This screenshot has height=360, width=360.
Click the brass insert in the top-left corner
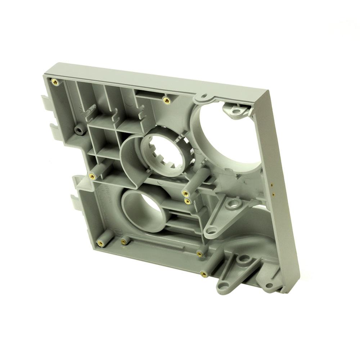tap(55, 81)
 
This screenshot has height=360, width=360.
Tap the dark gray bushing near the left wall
tap(79, 130)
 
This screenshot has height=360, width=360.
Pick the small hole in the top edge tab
tap(204, 96)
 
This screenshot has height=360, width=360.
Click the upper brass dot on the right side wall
tap(271, 185)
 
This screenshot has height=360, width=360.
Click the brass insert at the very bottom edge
tap(203, 274)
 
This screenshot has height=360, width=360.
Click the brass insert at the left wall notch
tap(92, 176)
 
